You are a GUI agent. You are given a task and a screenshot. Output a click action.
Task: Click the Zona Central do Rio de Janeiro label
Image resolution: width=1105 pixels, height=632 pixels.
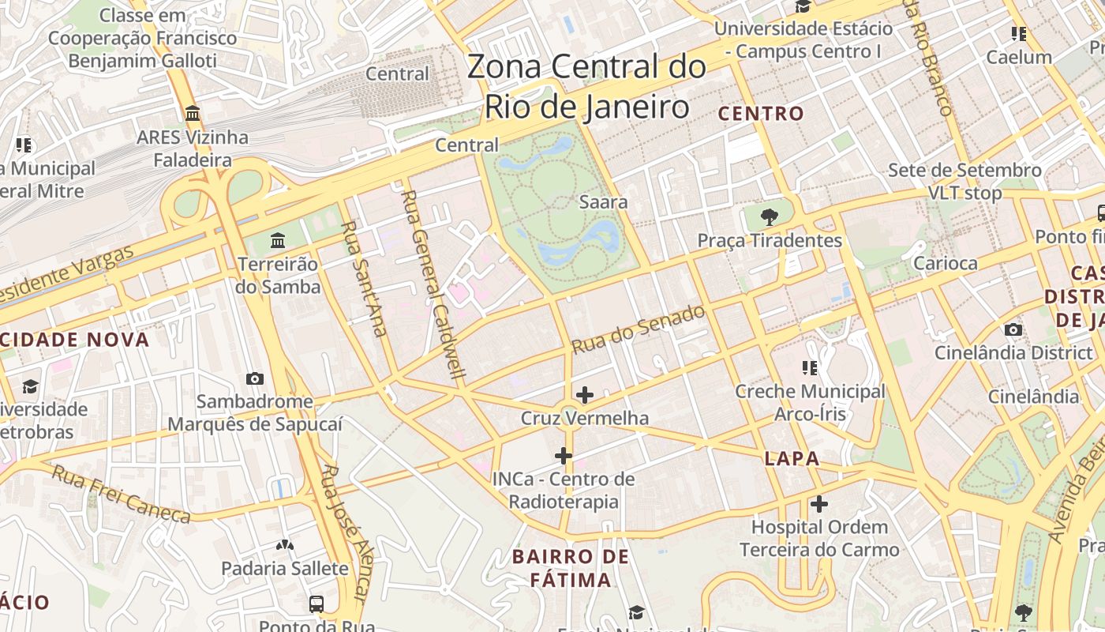[586, 86]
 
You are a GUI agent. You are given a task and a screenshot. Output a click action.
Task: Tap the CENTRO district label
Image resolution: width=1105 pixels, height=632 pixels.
[761, 114]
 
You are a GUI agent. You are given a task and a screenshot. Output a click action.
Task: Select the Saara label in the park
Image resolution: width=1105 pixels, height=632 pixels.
[604, 202]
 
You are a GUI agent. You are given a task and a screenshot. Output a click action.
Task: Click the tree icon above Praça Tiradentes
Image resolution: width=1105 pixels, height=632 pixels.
[769, 216]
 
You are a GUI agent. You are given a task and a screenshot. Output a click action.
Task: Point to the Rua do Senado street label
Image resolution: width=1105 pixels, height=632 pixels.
[638, 329]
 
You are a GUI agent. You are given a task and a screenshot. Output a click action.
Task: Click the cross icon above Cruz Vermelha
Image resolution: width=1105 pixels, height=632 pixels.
[585, 394]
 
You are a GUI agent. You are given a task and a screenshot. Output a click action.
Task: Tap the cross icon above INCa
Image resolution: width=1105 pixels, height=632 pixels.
[564, 455]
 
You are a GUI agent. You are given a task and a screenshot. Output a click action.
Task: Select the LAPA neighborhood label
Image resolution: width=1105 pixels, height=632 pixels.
[792, 459]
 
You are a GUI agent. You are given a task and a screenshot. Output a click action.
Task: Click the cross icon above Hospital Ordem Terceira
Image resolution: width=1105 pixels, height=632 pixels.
[819, 503]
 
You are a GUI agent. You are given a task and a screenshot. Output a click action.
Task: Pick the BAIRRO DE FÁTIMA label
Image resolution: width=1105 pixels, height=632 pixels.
[570, 568]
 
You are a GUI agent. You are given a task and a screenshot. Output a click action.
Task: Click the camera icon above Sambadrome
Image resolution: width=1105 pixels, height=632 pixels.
[254, 378]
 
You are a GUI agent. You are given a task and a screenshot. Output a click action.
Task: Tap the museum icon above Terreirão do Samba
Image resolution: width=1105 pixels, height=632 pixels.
[278, 240]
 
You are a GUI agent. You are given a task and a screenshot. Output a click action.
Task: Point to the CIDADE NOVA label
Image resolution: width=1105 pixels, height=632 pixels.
[75, 340]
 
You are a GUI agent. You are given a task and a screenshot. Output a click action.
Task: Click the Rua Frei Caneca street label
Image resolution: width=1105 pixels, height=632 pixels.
[122, 495]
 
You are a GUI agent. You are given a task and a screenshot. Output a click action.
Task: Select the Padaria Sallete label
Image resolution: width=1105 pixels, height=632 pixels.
[284, 569]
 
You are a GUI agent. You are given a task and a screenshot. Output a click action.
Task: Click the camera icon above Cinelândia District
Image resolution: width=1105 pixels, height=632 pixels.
[1013, 329]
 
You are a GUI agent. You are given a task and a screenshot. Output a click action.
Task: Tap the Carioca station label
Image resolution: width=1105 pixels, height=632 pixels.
[945, 264]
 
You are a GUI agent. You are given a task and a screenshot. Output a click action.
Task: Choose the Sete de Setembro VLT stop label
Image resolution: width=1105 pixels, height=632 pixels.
[965, 182]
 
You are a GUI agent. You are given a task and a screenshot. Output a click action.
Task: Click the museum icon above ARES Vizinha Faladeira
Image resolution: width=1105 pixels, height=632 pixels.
[193, 114]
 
